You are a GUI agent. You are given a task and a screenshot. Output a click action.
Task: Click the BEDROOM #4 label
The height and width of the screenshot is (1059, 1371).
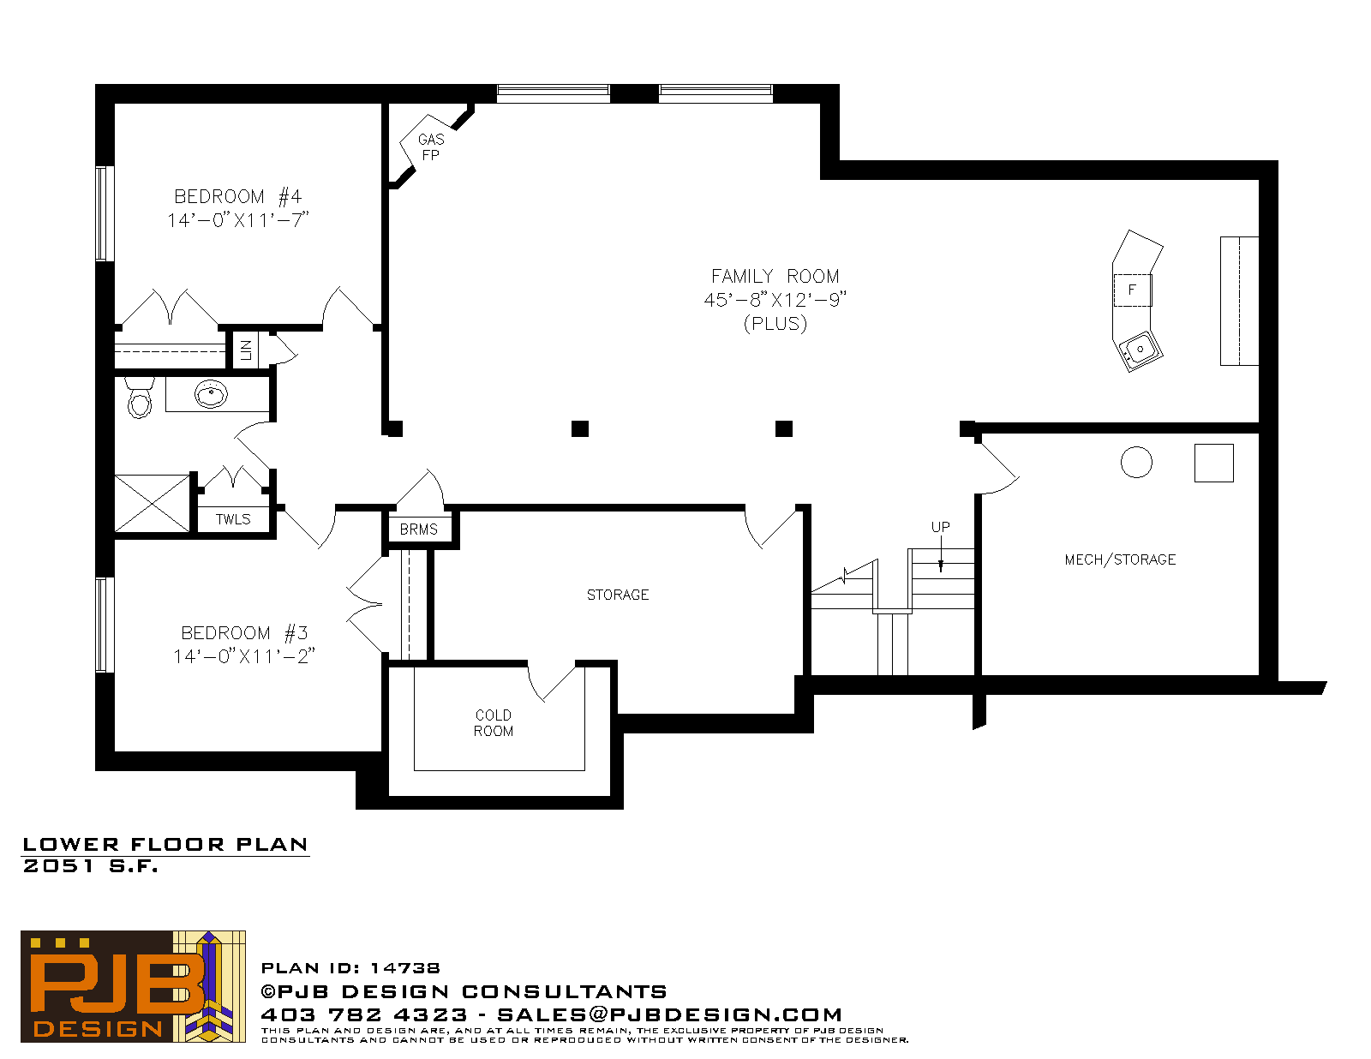coord(238,197)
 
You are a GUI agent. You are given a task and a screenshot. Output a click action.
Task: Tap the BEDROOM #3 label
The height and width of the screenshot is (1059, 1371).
coord(244,632)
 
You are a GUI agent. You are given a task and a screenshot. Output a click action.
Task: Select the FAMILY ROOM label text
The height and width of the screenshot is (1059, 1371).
coord(775,276)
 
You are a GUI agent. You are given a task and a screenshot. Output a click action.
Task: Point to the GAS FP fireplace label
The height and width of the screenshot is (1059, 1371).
coord(431,147)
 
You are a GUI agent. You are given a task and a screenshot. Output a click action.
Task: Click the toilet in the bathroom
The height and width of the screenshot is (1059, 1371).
coord(140,398)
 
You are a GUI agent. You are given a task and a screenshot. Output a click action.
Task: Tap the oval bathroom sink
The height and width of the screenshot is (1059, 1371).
coord(211,395)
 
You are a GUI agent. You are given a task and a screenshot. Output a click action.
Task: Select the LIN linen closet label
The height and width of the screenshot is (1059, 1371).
coord(246,350)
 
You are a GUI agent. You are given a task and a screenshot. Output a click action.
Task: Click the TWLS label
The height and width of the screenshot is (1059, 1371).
coord(233,519)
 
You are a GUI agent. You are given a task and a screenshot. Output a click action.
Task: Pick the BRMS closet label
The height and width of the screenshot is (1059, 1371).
coord(418,529)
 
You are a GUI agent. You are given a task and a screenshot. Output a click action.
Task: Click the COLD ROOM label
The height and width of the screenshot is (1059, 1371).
coord(494,723)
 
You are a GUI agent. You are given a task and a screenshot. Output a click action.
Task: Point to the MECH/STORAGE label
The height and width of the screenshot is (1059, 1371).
coord(1120,559)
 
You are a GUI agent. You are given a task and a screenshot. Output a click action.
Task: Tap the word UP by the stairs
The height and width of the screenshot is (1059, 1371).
coord(940,527)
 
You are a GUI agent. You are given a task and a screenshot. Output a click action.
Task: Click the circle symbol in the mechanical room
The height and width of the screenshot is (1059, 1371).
coord(1136,462)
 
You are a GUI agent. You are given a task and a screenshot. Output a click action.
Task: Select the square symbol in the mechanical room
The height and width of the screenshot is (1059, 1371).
coord(1214,463)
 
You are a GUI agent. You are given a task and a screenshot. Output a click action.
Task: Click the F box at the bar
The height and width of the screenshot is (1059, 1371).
coord(1133,290)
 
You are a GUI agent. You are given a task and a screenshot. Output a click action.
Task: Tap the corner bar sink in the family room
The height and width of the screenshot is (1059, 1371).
coord(1140,350)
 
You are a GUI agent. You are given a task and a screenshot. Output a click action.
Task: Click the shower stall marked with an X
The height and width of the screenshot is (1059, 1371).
coord(152,503)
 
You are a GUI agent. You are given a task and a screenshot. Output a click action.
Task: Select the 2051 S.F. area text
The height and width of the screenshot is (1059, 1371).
coord(90,866)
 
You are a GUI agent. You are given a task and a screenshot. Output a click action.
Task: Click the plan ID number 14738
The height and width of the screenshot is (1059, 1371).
coord(404,968)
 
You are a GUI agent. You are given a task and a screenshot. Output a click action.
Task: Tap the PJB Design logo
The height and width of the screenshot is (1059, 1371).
coord(133,986)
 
